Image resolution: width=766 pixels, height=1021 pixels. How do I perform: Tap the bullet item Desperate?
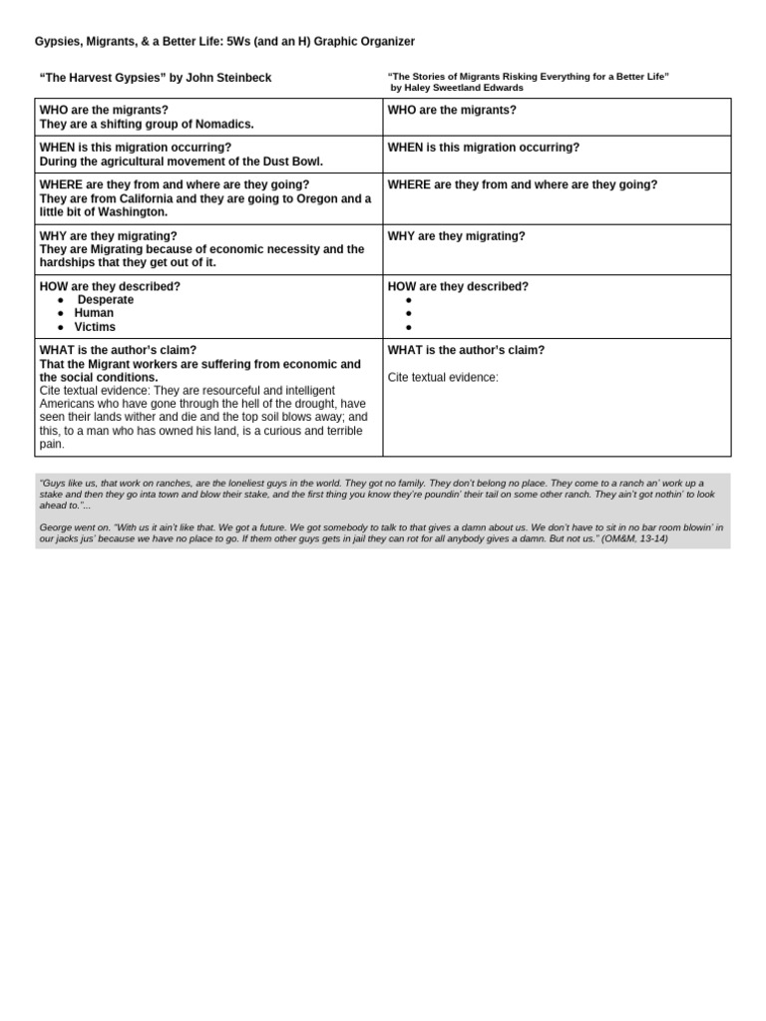point(105,300)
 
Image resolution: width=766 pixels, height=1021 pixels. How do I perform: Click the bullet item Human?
point(94,313)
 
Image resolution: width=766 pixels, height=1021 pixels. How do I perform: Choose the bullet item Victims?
point(95,327)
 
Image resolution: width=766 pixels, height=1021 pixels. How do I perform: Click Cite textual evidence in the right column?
point(443,377)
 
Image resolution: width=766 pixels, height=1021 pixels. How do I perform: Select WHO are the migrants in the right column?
point(452,110)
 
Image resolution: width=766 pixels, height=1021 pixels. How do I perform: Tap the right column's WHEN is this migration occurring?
point(483,148)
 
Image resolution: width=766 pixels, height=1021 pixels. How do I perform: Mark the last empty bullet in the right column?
point(409,327)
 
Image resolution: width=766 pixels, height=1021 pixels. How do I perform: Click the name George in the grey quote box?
point(56,526)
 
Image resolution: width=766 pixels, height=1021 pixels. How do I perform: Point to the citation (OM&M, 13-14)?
point(634,538)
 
